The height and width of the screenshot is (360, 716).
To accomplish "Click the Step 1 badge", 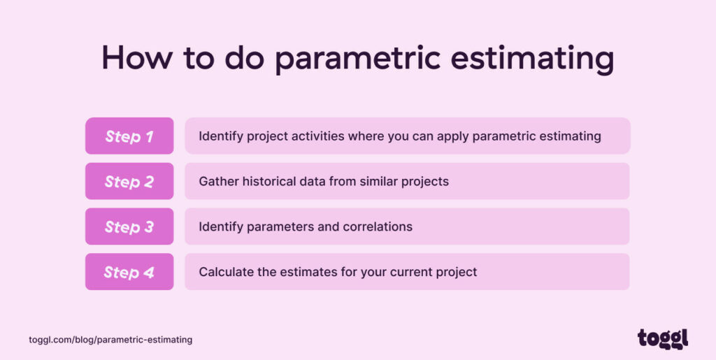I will point(129,136).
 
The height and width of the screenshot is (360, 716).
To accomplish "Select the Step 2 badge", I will point(129,182).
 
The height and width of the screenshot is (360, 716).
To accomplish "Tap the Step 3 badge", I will point(129,226).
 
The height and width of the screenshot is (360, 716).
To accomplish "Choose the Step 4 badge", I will point(129,272).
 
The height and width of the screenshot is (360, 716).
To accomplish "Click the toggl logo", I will point(663,338).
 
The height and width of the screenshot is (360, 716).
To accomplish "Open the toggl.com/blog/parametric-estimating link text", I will point(110,340).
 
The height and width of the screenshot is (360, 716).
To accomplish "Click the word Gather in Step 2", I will point(218,182).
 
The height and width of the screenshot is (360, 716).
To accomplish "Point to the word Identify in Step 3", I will point(220,227).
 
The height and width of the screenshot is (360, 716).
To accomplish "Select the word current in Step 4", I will point(406,272).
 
